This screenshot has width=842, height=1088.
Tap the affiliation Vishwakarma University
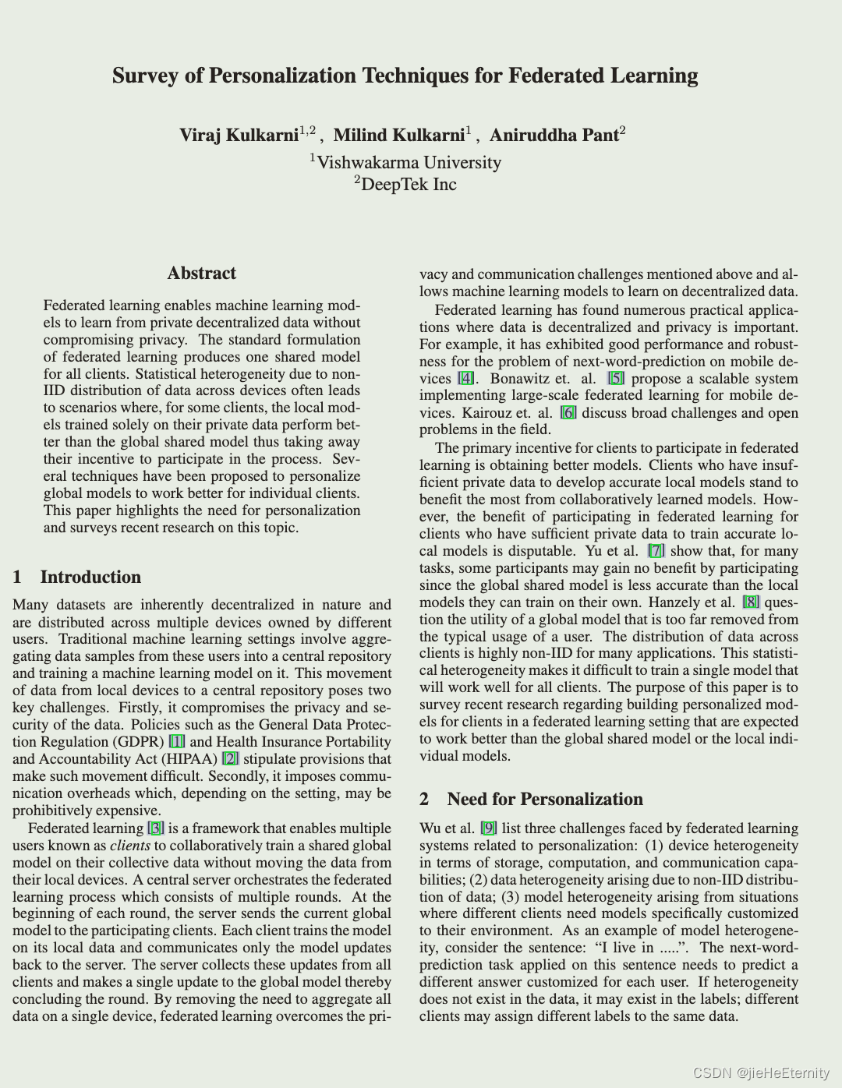pyautogui.click(x=409, y=162)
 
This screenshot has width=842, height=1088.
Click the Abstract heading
pyautogui.click(x=201, y=273)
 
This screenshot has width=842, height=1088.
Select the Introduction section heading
pyautogui.click(x=90, y=577)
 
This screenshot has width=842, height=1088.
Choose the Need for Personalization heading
pyautogui.click(x=544, y=799)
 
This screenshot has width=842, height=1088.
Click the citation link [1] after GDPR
pyautogui.click(x=177, y=742)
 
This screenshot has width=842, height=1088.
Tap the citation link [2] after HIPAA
pyautogui.click(x=230, y=759)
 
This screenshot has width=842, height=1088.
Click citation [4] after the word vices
pyautogui.click(x=465, y=379)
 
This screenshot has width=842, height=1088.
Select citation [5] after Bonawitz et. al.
pyautogui.click(x=616, y=379)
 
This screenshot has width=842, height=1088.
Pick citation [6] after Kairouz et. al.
pyautogui.click(x=568, y=413)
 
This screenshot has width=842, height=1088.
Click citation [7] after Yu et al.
pyautogui.click(x=656, y=551)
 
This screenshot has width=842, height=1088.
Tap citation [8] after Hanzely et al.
pyautogui.click(x=751, y=602)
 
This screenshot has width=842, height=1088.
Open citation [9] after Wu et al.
pyautogui.click(x=489, y=828)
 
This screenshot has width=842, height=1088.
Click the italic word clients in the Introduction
pyautogui.click(x=130, y=846)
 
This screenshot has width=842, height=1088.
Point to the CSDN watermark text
pyautogui.click(x=760, y=1073)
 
